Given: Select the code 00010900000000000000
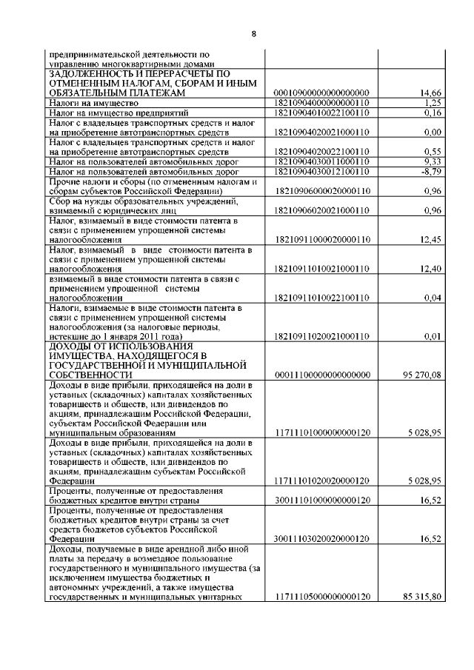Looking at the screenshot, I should (321, 93).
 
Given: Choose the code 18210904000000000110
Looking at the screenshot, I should (321, 103).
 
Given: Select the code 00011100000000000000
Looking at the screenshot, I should (321, 375).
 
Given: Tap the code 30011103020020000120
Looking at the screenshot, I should (321, 540).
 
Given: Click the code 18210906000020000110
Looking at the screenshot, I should (321, 190).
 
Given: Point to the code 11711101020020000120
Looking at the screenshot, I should (321, 480).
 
